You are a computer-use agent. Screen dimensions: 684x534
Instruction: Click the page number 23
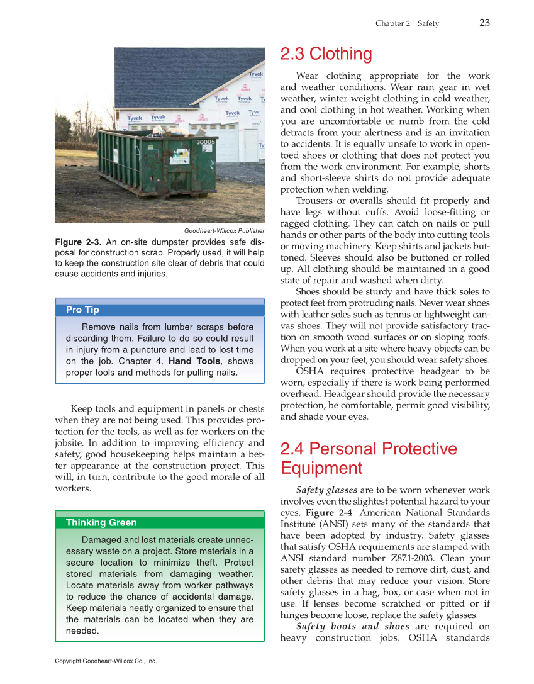tap(484, 23)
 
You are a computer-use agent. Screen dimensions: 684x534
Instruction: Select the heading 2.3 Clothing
tap(326, 54)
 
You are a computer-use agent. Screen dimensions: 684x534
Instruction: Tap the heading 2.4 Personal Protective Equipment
tap(368, 458)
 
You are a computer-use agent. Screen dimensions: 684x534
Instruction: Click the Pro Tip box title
tap(82, 310)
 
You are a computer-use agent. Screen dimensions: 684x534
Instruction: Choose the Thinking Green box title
tap(101, 522)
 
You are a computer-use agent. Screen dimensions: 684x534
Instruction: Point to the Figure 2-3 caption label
tap(78, 242)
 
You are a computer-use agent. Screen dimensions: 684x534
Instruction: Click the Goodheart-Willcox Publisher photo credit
tap(224, 231)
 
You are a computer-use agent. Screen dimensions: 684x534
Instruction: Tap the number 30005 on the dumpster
tap(206, 143)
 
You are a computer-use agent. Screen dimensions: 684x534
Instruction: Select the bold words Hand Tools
tap(194, 361)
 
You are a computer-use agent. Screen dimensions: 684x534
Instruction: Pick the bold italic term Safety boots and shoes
tap(352, 626)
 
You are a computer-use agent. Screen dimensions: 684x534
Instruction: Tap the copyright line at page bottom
tap(106, 661)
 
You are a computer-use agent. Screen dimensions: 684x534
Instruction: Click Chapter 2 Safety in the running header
tap(407, 23)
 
